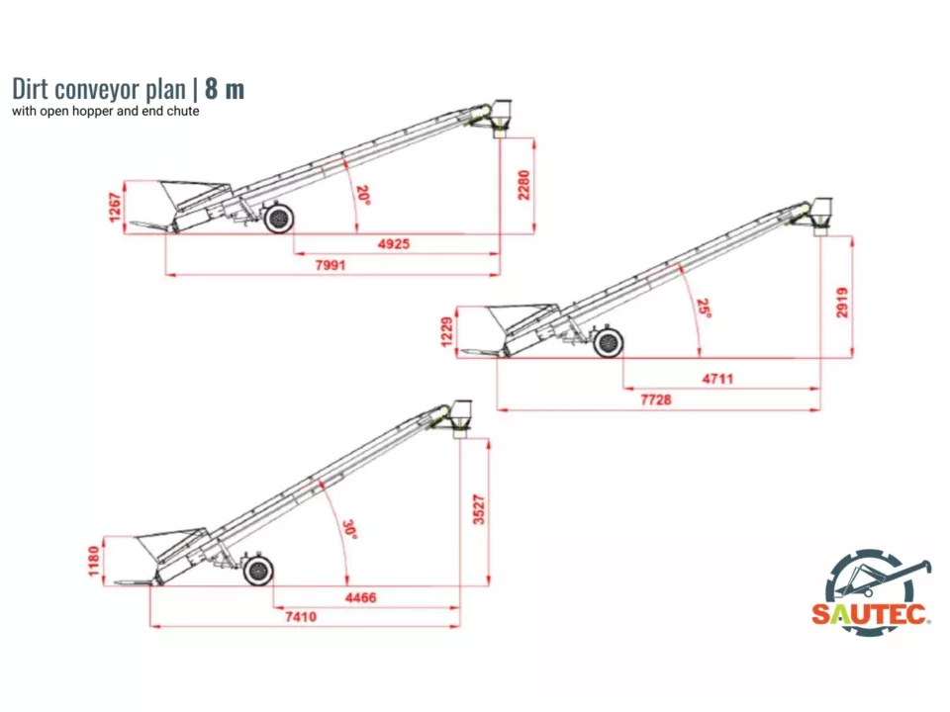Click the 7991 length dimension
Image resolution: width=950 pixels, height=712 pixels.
click(x=332, y=265)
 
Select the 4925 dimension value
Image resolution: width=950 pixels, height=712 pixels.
click(x=394, y=244)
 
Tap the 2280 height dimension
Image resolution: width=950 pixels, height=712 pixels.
click(x=524, y=185)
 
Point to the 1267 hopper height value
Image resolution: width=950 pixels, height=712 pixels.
click(x=116, y=208)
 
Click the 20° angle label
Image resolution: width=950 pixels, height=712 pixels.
click(x=363, y=195)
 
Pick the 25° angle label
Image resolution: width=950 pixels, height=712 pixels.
click(x=704, y=309)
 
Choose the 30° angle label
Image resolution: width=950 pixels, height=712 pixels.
click(x=349, y=529)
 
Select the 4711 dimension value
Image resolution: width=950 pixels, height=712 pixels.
click(x=717, y=379)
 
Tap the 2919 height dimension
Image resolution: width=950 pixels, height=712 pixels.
click(x=842, y=302)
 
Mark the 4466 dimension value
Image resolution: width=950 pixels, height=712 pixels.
click(x=360, y=598)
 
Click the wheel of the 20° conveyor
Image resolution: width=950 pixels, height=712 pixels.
click(x=278, y=218)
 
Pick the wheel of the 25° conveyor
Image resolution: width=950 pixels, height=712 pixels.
click(x=609, y=343)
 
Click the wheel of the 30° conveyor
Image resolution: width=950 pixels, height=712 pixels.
click(x=258, y=571)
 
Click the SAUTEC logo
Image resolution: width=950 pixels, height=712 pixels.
click(x=872, y=592)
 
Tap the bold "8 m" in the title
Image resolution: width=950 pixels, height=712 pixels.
click(x=225, y=89)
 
